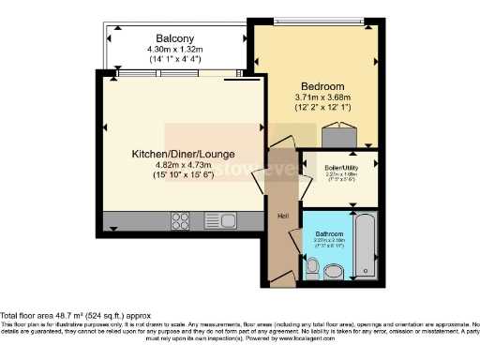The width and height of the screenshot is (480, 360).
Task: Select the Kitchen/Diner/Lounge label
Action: point(182,154)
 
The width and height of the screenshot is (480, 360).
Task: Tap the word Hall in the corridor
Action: point(280,215)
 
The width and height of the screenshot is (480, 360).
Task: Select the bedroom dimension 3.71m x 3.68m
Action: point(322,96)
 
